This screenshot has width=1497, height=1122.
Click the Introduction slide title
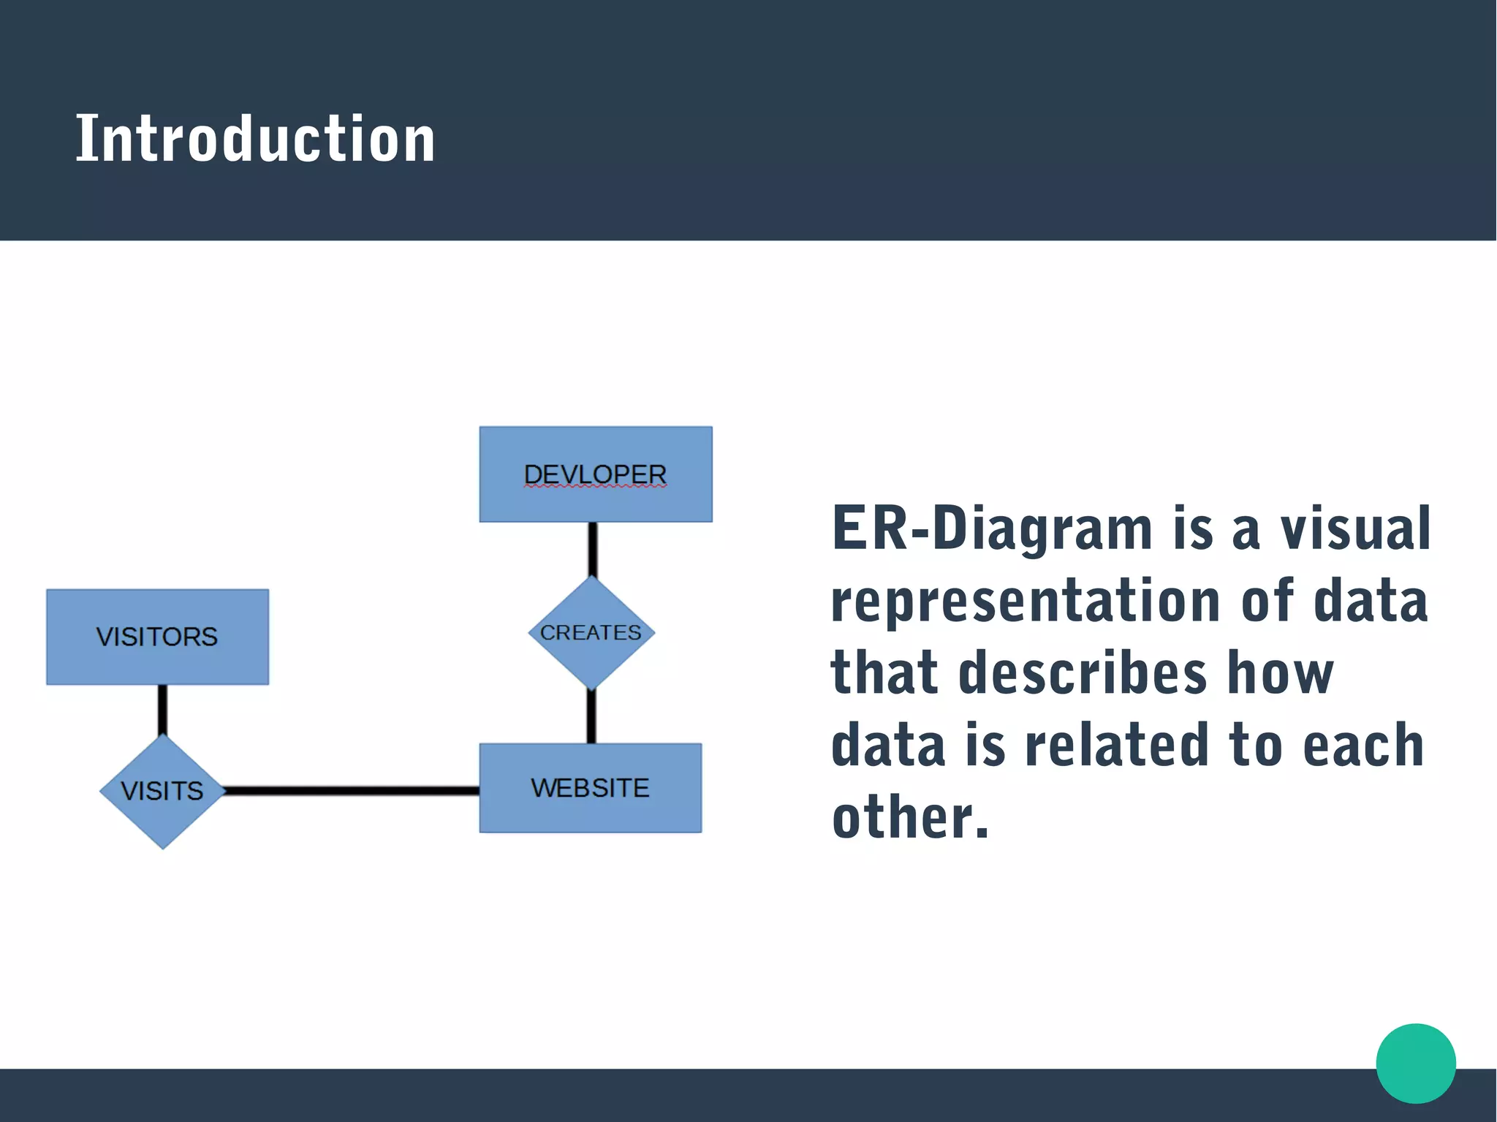pos(255,139)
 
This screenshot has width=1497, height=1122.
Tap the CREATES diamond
pos(591,633)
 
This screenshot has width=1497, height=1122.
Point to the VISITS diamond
pos(162,792)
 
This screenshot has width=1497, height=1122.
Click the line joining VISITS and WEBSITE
pos(351,790)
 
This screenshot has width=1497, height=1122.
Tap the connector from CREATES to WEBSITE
pos(591,717)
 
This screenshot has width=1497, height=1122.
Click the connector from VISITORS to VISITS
pos(162,710)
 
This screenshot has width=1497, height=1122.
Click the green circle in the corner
pos(1415,1063)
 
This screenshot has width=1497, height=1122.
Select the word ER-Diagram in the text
pos(991,528)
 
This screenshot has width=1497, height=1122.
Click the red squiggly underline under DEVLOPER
pos(595,486)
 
